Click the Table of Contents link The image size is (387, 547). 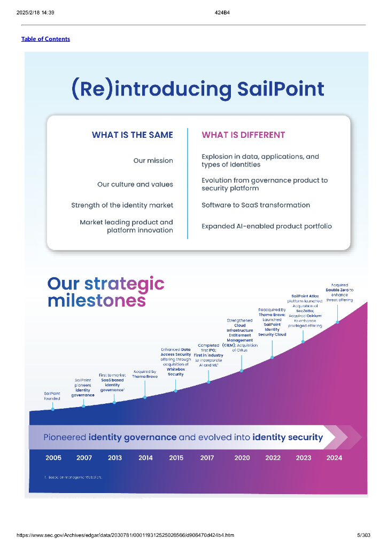pyautogui.click(x=45, y=39)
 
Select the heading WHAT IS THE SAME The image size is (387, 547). pyautogui.click(x=132, y=135)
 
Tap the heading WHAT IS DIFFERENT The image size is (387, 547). pyautogui.click(x=243, y=135)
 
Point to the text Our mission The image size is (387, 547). pyautogui.click(x=153, y=161)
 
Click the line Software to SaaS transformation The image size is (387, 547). pyautogui.click(x=256, y=205)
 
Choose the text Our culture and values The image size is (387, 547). pyautogui.click(x=135, y=184)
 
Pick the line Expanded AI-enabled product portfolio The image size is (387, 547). pyautogui.click(x=266, y=226)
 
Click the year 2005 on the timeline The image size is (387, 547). pyautogui.click(x=53, y=458)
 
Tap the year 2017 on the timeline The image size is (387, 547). pyautogui.click(x=207, y=458)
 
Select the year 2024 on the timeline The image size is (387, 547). pyautogui.click(x=334, y=458)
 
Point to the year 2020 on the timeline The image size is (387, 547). pyautogui.click(x=242, y=458)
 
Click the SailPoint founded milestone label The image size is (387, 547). pyautogui.click(x=52, y=396)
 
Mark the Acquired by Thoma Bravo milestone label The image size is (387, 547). pyautogui.click(x=145, y=374)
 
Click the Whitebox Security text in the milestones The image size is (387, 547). pyautogui.click(x=176, y=372)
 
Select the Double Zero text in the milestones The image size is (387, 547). pyautogui.click(x=339, y=290)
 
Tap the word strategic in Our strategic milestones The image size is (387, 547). pyautogui.click(x=124, y=284)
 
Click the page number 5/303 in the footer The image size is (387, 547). pyautogui.click(x=363, y=535)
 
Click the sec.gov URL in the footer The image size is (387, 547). pyautogui.click(x=125, y=535)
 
